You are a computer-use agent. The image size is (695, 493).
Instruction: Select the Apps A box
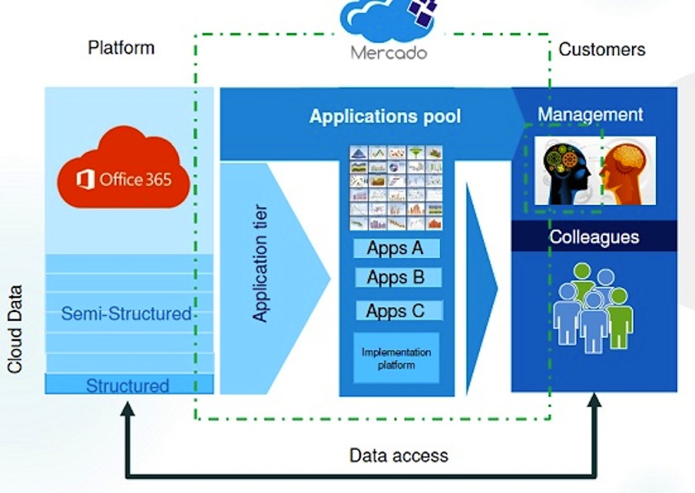pyautogui.click(x=395, y=248)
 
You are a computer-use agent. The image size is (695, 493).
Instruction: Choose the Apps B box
pyautogui.click(x=395, y=278)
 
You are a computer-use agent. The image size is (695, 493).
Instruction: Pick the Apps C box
pyautogui.click(x=395, y=311)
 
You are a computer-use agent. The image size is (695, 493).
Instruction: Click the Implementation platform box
pyautogui.click(x=395, y=358)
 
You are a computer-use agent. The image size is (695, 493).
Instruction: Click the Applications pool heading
pyautogui.click(x=385, y=117)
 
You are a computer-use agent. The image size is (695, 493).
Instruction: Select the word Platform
pyautogui.click(x=121, y=47)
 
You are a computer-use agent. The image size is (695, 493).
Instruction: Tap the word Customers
pyautogui.click(x=602, y=49)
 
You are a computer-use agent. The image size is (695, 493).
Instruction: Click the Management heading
pyautogui.click(x=590, y=114)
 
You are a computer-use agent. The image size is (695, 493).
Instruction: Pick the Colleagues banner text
pyautogui.click(x=594, y=237)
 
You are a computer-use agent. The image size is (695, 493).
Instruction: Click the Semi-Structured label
pyautogui.click(x=126, y=314)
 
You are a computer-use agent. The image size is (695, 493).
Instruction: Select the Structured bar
pyautogui.click(x=128, y=385)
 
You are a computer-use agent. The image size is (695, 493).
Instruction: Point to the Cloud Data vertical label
pyautogui.click(x=15, y=329)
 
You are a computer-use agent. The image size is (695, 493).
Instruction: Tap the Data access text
pyautogui.click(x=398, y=455)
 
